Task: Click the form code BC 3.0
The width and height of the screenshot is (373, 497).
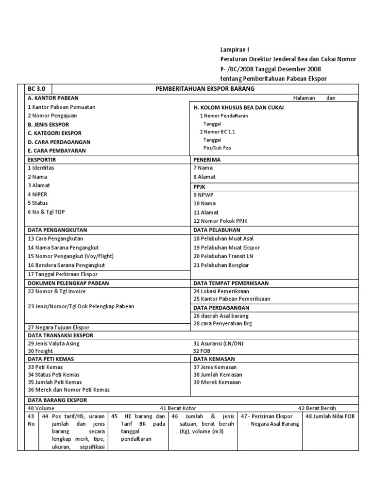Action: (x=37, y=89)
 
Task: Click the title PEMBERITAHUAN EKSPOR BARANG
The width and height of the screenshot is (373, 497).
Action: (x=204, y=89)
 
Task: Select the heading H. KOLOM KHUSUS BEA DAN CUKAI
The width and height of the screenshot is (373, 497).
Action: (x=238, y=107)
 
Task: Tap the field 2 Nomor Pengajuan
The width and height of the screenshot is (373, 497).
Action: (x=52, y=116)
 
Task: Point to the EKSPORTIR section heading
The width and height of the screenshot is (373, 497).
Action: (x=43, y=159)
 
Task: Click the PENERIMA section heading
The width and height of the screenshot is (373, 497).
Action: (x=207, y=159)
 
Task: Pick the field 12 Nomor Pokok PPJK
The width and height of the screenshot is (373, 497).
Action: (x=220, y=221)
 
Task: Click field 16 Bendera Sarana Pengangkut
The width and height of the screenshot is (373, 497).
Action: (x=66, y=265)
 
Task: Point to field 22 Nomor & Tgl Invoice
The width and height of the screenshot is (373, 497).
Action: (x=56, y=291)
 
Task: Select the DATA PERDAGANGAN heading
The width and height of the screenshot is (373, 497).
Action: (x=221, y=308)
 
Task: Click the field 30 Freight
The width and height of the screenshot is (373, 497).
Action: (x=40, y=350)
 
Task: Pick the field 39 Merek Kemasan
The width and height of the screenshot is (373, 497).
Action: (x=218, y=382)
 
